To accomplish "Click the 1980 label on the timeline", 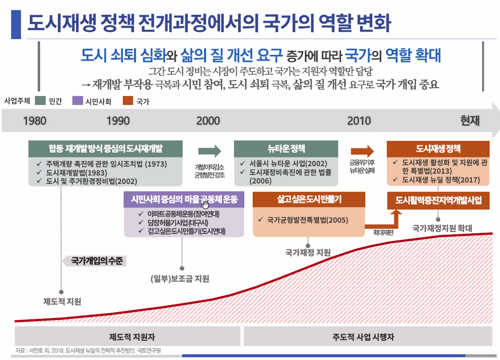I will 34,120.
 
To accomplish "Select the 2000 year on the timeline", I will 208,120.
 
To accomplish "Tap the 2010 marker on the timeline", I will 359,120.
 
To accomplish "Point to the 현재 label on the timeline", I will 470,120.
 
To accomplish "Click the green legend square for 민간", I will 40,101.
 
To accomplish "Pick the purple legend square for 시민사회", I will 78,101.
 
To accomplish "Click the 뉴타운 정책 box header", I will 286,149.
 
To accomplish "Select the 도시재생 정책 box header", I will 438,149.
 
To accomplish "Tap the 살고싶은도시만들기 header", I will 309,199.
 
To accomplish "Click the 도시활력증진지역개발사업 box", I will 438,201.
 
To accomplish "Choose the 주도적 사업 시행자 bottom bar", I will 363,337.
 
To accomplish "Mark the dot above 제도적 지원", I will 61,292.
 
